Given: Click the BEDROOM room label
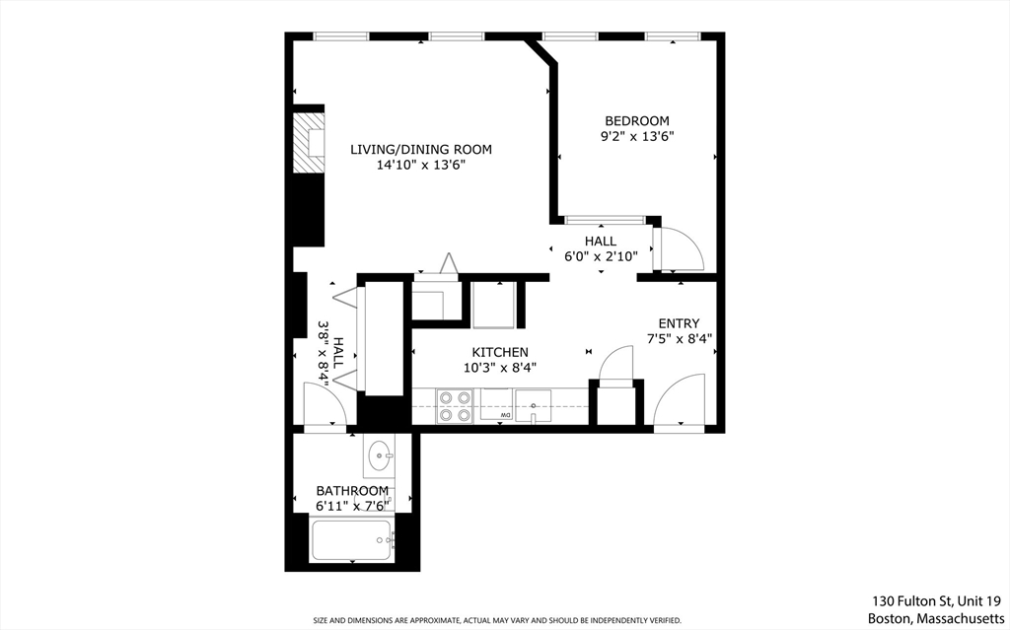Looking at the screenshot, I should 636,121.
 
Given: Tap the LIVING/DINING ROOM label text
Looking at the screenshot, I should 421,150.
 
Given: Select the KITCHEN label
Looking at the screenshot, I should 500,352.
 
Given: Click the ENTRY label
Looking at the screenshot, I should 679,323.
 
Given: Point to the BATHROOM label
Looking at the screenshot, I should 352,491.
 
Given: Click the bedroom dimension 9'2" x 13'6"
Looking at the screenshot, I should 636,137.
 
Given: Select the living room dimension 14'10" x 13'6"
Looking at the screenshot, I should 421,166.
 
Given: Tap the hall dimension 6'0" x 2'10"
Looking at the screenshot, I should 600,256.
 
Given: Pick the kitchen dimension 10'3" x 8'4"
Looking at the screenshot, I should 500,368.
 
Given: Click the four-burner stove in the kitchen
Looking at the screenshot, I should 455,406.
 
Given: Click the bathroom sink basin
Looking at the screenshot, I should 379,456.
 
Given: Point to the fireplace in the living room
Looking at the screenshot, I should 310,144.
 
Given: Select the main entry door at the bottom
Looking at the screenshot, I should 680,404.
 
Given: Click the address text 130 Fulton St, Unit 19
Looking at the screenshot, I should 936,600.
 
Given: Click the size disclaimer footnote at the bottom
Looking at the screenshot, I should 497,620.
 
